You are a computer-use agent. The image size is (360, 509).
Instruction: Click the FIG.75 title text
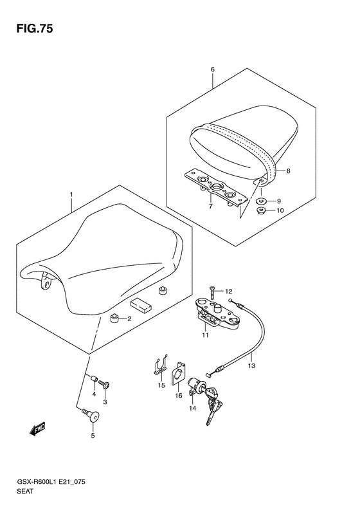34,29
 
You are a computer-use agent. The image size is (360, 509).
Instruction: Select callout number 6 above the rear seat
213,69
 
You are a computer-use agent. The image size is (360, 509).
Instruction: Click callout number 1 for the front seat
71,195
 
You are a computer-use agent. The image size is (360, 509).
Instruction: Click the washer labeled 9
262,201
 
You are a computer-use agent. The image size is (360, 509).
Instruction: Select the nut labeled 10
262,211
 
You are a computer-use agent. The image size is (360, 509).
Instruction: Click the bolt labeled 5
92,416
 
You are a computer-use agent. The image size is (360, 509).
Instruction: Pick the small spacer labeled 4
94,379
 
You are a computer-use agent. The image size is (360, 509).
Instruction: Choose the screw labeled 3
104,385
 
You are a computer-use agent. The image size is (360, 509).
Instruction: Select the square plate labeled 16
178,373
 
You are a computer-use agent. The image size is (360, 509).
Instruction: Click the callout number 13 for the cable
251,366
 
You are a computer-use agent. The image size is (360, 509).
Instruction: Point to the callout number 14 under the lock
193,409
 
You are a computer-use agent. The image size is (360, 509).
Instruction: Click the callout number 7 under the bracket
210,206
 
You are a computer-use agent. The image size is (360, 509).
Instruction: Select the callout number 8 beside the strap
288,171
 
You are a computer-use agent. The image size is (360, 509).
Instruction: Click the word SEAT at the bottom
25,491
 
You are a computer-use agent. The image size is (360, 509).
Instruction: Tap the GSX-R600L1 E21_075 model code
51,482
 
